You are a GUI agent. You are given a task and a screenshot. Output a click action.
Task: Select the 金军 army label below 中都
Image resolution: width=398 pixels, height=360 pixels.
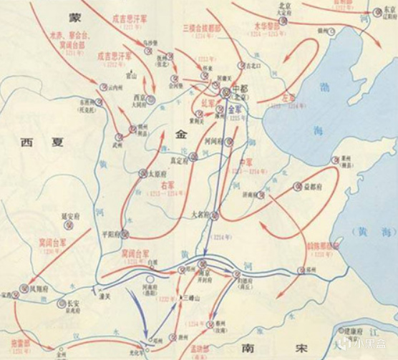237,109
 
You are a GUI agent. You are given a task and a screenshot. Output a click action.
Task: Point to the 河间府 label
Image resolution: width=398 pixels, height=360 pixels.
215,142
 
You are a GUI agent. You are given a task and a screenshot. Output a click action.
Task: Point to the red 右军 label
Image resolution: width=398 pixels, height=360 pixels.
168,186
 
